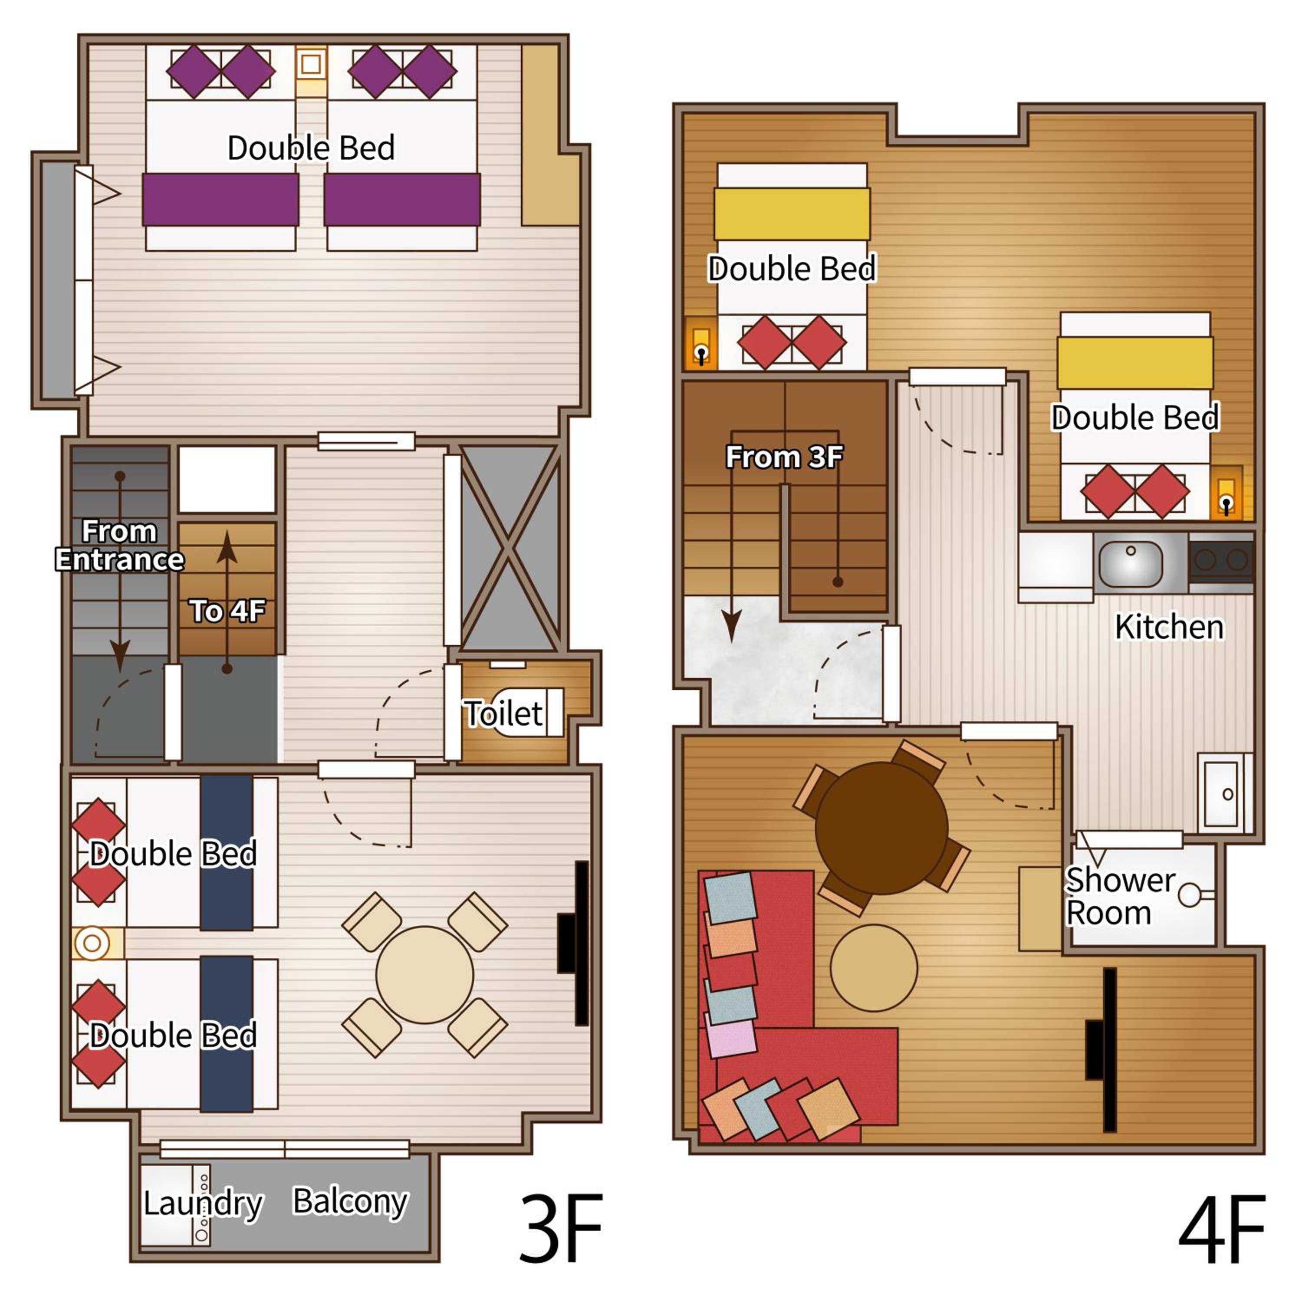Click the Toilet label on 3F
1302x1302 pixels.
pyautogui.click(x=503, y=713)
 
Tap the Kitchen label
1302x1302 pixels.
pyautogui.click(x=1169, y=627)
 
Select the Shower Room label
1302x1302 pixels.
pyautogui.click(x=1120, y=896)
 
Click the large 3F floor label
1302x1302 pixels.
pyautogui.click(x=561, y=1227)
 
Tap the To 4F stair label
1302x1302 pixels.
pyautogui.click(x=227, y=611)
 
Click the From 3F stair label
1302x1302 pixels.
pyautogui.click(x=784, y=457)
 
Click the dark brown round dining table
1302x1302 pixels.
pyautogui.click(x=881, y=828)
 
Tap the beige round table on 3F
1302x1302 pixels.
pyautogui.click(x=424, y=974)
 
